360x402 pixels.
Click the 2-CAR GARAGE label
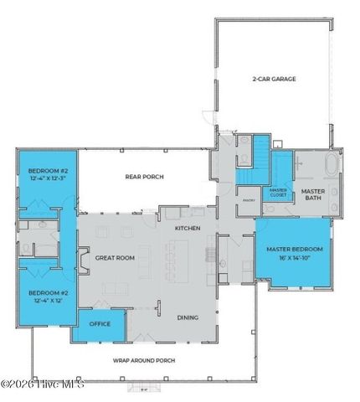[x=274, y=80]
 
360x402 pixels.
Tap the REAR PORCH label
[x=144, y=177]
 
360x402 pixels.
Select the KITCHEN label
[x=186, y=228]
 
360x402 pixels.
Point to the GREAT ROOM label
[x=110, y=258]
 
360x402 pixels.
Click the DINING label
[x=188, y=317]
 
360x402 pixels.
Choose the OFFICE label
[x=100, y=323]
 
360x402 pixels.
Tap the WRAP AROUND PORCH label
[x=143, y=361]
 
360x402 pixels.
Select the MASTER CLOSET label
[x=278, y=193]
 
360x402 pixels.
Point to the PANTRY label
[x=248, y=201]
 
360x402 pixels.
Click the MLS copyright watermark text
[x=44, y=384]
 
